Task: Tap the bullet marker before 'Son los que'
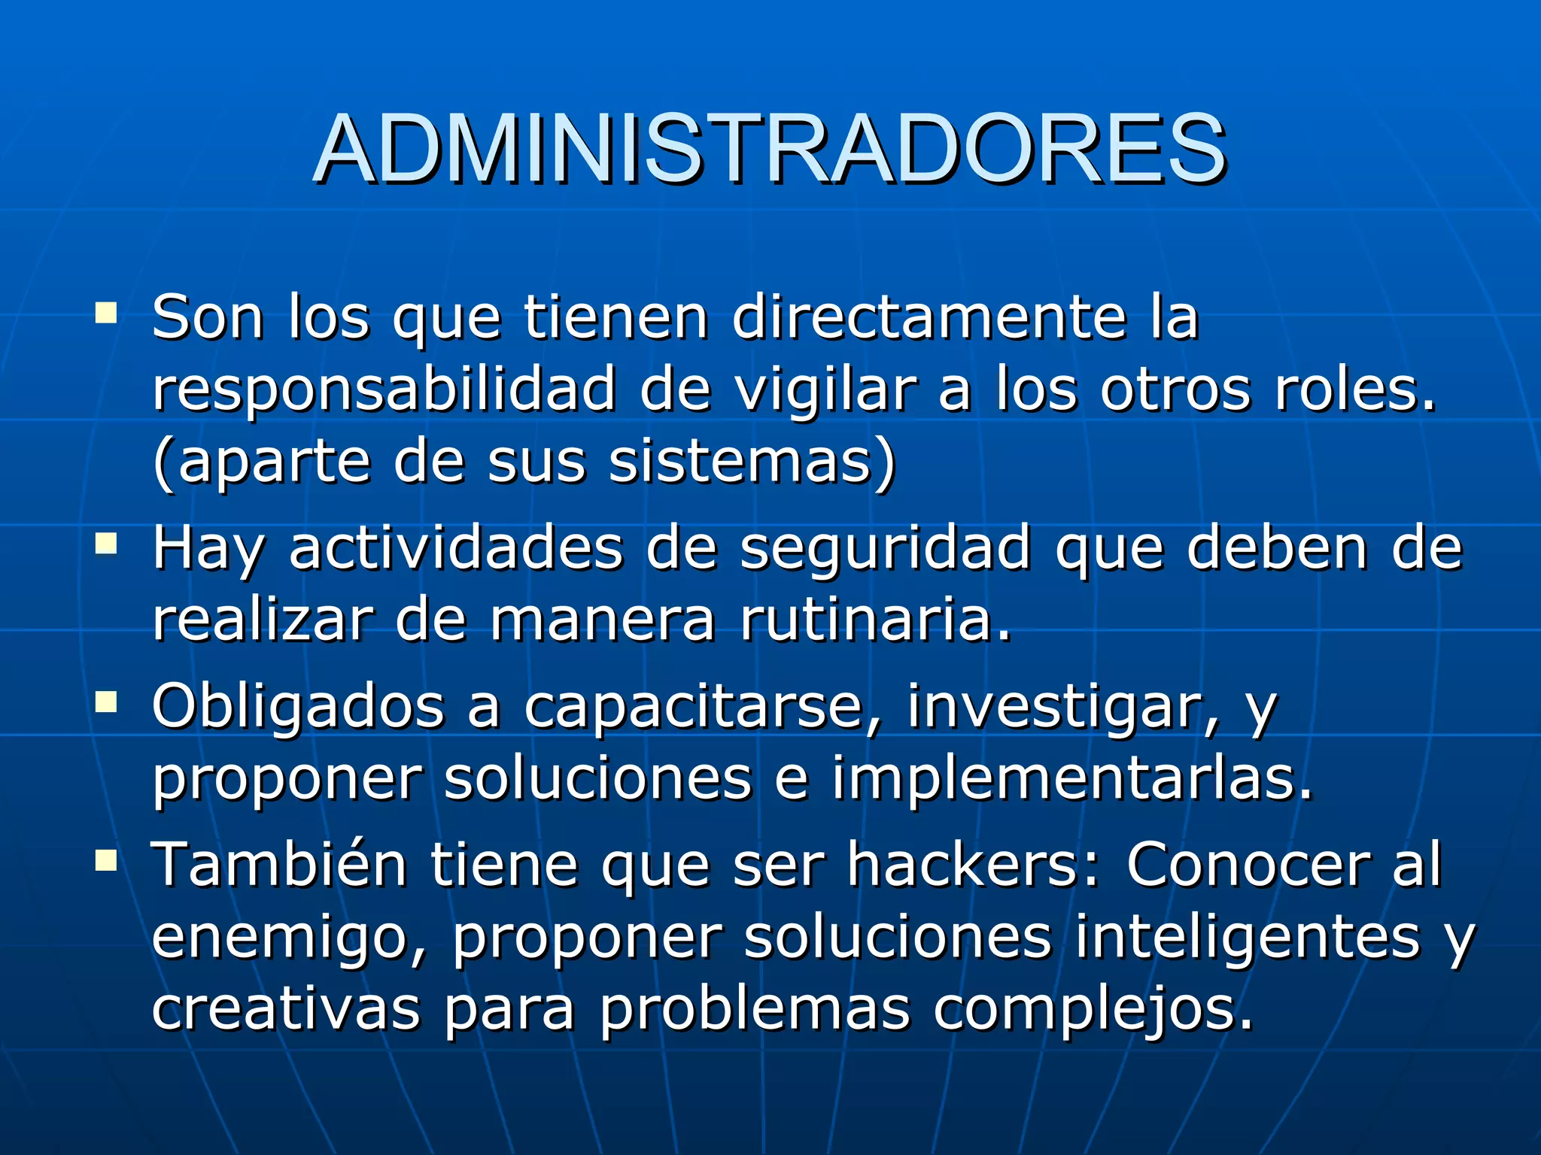(x=106, y=312)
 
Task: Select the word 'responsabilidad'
(x=384, y=390)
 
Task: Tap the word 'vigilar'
(x=825, y=390)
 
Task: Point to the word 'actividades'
(x=456, y=547)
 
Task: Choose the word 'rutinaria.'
(x=876, y=620)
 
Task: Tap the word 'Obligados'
(x=298, y=707)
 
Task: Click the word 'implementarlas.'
(x=1072, y=779)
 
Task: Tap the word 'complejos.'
(x=1094, y=1009)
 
